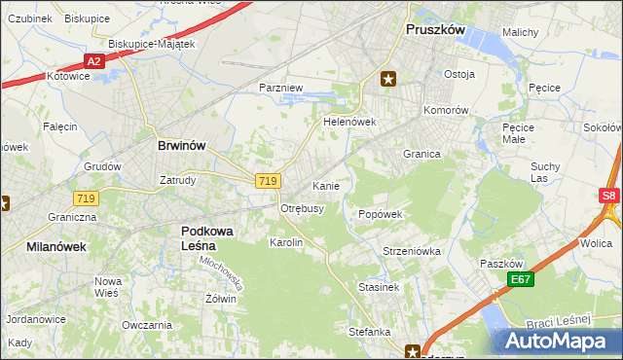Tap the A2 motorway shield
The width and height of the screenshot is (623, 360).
pyautogui.click(x=93, y=61)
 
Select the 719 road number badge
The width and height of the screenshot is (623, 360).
pyautogui.click(x=270, y=181)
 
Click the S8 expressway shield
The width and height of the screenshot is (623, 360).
pyautogui.click(x=608, y=196)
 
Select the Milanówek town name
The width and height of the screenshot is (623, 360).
pyautogui.click(x=56, y=247)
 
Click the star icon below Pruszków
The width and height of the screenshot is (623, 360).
pyautogui.click(x=388, y=80)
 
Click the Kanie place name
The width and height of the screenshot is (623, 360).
pyautogui.click(x=325, y=185)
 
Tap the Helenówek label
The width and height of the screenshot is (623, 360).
pyautogui.click(x=349, y=124)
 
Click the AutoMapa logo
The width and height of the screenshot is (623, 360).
pyautogui.click(x=558, y=342)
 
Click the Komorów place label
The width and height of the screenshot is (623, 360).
pyautogui.click(x=447, y=110)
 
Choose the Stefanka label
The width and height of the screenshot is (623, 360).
pyautogui.click(x=370, y=332)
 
